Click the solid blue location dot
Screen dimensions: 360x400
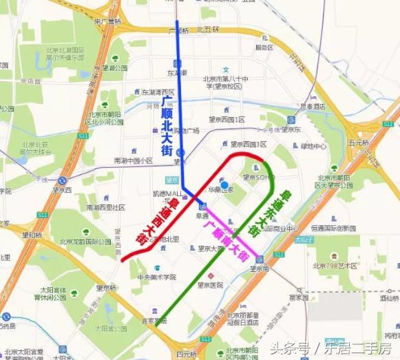224,184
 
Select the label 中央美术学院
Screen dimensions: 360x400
157,277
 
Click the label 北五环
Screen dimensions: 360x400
208,30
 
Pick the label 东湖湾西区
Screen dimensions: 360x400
156,91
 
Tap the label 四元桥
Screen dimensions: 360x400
186,354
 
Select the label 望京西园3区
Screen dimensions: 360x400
244,145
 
